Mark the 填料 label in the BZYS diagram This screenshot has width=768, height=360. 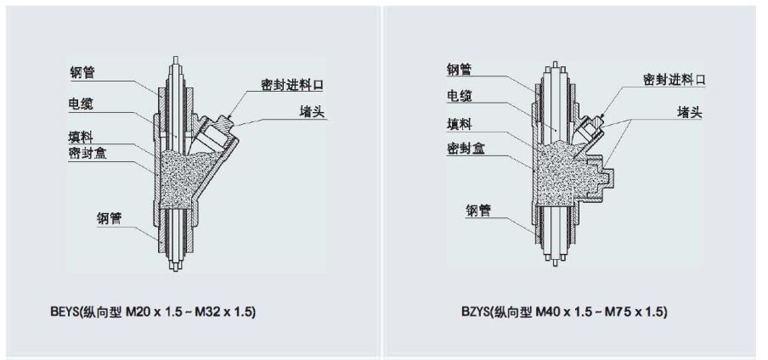(x=460, y=123)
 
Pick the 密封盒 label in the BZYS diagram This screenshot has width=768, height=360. (x=466, y=148)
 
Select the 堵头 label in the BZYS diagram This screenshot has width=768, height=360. (x=689, y=112)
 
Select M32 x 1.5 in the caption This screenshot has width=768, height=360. (x=225, y=312)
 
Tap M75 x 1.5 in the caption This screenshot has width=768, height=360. (x=636, y=312)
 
